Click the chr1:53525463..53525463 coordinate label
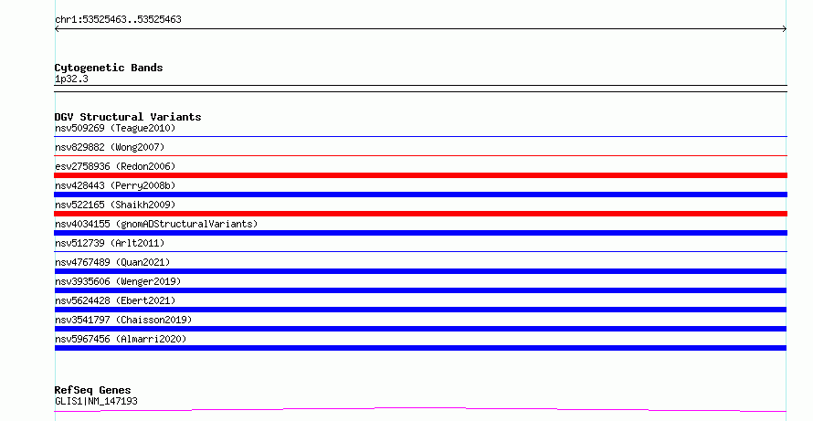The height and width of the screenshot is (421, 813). (x=118, y=20)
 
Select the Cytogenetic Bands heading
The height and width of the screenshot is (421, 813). (x=109, y=68)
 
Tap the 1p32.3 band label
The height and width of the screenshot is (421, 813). (x=71, y=79)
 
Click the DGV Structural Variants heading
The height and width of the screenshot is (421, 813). (x=128, y=117)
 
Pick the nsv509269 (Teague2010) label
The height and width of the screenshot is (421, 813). (x=115, y=128)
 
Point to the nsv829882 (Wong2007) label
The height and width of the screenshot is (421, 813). (x=110, y=147)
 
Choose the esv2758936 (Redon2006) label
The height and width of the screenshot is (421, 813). (x=115, y=166)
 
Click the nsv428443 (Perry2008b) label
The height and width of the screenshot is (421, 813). (x=115, y=185)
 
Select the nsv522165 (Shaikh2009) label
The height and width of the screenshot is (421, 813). (x=115, y=205)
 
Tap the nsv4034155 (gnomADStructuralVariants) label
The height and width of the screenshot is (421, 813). (x=156, y=224)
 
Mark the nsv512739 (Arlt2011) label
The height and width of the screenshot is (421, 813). (x=110, y=243)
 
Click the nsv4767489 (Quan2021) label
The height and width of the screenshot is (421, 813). (x=112, y=262)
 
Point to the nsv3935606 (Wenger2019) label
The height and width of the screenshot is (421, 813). (x=118, y=281)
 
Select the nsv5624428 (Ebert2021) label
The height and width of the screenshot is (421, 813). (x=115, y=300)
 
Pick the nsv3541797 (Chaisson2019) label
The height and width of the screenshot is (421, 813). (x=123, y=320)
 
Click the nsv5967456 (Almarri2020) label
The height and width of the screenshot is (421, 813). (x=121, y=339)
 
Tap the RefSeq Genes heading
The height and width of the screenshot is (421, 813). (x=92, y=391)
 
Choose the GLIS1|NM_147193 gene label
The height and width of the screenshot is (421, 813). (x=96, y=401)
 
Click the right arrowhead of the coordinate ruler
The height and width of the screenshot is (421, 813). (x=785, y=29)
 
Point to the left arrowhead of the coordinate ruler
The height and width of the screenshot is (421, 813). (x=57, y=29)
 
